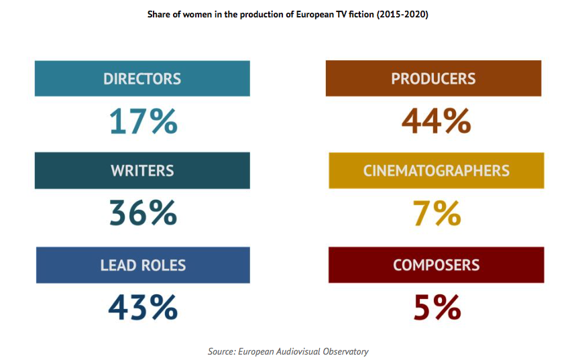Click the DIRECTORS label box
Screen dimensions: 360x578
coord(142,78)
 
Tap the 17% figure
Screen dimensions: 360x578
coord(143,122)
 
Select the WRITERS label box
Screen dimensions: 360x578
coord(142,170)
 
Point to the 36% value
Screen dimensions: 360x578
coord(143,213)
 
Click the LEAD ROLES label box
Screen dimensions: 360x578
coord(142,265)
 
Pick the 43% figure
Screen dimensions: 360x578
coord(143,307)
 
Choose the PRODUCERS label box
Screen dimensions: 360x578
coord(433,78)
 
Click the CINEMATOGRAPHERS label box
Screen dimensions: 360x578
coord(436,170)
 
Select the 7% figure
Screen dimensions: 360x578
coord(437,213)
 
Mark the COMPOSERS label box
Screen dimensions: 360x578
coord(436,265)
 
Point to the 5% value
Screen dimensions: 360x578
coord(437,307)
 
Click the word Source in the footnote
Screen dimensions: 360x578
coord(221,351)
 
